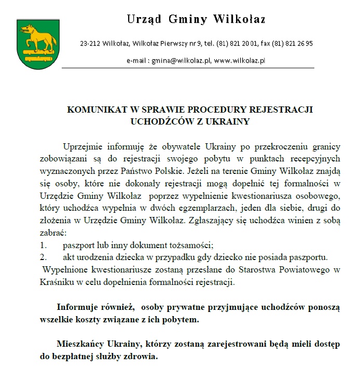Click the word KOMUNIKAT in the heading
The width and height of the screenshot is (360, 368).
(x=98, y=110)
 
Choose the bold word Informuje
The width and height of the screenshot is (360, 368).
(x=81, y=307)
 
